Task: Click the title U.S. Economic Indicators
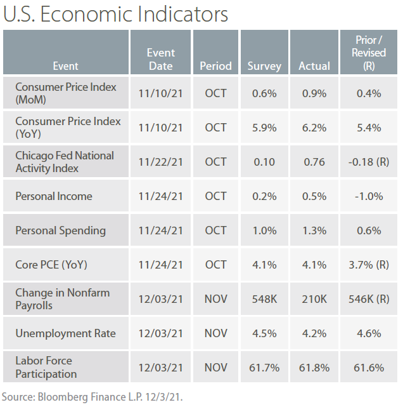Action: coord(115,14)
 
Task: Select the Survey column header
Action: coord(264,65)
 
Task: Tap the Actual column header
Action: coord(314,65)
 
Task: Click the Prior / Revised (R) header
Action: coord(369,53)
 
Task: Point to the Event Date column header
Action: coord(160,59)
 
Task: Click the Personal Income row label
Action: coord(54,196)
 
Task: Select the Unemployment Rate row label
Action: coord(62,333)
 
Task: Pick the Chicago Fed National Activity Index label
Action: coord(65,162)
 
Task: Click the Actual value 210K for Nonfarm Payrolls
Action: coord(314,299)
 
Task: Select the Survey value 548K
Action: coord(264,299)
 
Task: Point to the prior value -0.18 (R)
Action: coord(369,162)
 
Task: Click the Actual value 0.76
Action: coord(314,162)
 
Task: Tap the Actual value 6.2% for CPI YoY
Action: coord(314,128)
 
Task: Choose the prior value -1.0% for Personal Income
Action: coord(369,196)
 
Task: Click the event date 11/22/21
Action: coord(160,162)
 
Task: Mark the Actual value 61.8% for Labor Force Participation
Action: coord(314,368)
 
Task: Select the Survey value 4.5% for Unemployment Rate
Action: coord(264,333)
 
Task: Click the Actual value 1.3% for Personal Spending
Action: coord(314,230)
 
